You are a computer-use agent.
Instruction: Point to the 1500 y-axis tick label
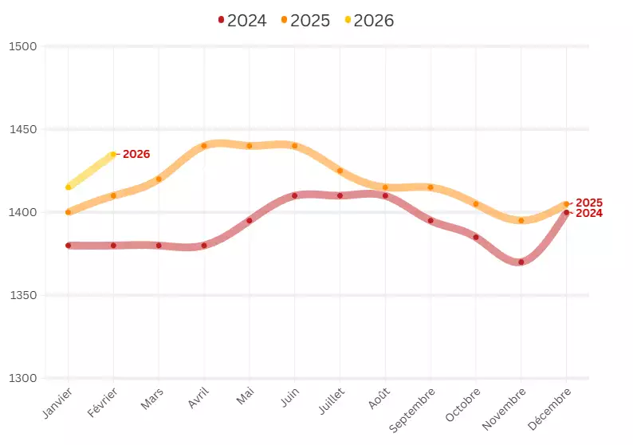pos(23,46)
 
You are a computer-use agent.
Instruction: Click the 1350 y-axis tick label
pos(23,296)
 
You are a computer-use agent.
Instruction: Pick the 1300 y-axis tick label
pos(23,378)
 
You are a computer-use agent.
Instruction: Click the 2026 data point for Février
pos(113,154)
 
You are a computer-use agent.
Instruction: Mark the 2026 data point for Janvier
pos(69,187)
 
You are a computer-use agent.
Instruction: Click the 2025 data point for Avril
pos(204,146)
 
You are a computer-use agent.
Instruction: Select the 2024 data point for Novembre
pos(521,262)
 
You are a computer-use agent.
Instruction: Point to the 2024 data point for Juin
pos(295,195)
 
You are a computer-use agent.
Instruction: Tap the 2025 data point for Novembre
pos(521,221)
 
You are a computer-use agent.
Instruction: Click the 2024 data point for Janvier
pos(69,246)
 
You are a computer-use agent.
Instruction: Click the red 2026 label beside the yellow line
pos(136,154)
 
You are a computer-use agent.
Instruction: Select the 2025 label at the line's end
pos(588,203)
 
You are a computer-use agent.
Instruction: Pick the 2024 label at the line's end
pos(588,214)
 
